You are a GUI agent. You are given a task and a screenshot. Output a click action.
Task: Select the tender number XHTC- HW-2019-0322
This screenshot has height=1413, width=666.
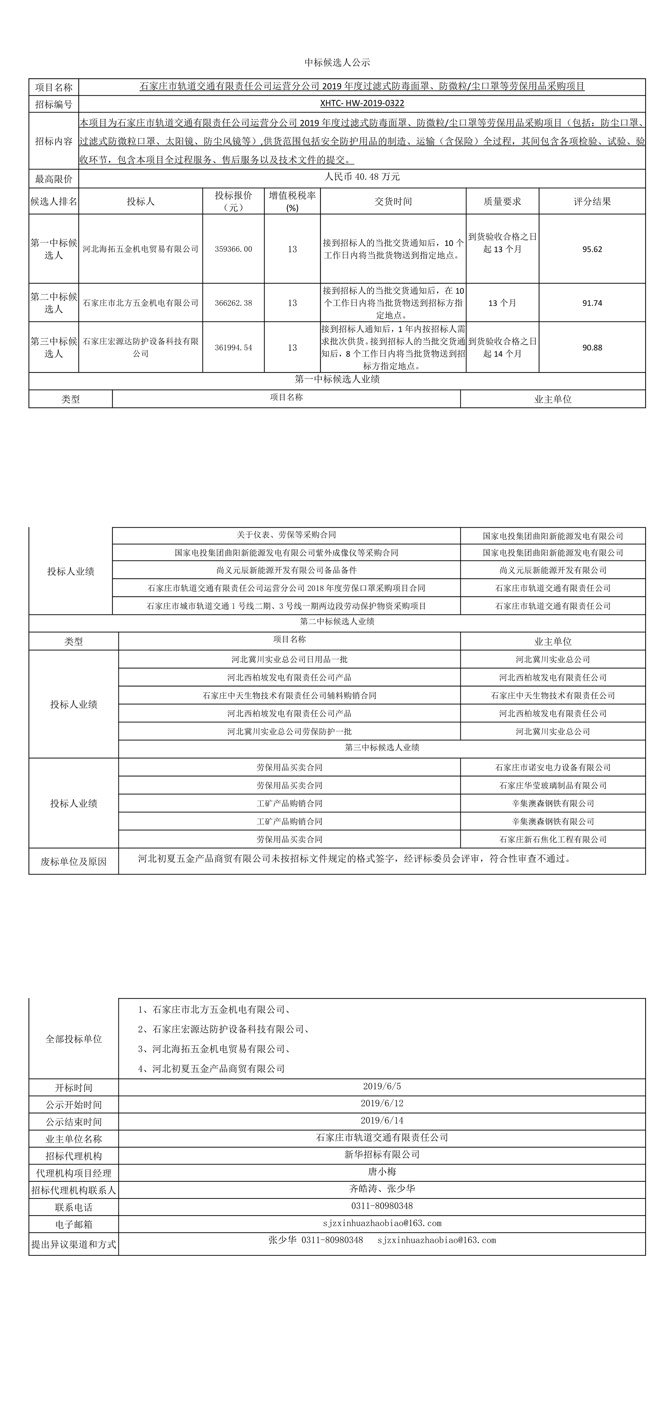[x=362, y=103]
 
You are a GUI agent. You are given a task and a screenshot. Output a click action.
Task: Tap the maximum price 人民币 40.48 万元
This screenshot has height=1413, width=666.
[x=362, y=177]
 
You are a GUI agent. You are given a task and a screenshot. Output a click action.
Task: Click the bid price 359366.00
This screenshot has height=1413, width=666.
[x=233, y=249]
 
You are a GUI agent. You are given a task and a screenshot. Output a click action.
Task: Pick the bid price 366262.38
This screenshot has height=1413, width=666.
[x=233, y=303]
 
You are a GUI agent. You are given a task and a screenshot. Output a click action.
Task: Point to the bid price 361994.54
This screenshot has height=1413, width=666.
[x=233, y=348]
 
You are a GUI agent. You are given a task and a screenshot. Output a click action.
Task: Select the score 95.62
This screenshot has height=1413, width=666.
[x=592, y=249]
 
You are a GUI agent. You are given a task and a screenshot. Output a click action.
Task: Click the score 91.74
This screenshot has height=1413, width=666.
[x=592, y=303]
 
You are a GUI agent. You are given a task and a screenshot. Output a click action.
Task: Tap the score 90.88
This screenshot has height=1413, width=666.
[x=592, y=348]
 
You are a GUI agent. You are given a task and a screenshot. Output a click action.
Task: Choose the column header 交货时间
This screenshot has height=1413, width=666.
[x=393, y=201]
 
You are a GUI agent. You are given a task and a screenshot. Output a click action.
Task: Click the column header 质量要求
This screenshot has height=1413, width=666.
[x=502, y=201]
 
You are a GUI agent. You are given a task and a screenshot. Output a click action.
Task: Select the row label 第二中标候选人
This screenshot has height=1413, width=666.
[x=54, y=303]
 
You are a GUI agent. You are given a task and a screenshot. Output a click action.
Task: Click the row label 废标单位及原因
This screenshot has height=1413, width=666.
[x=74, y=862]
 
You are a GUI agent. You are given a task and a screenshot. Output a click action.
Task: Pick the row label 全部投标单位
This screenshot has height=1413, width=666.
[x=74, y=1039]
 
